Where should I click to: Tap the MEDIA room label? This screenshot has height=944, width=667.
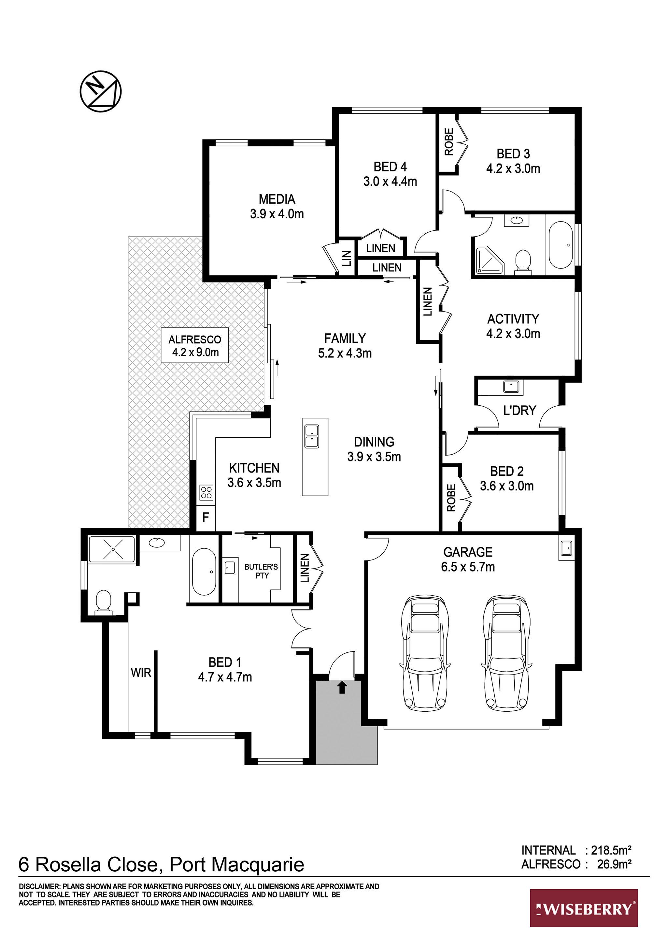(277, 199)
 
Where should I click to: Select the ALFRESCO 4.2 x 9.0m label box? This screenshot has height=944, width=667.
(194, 345)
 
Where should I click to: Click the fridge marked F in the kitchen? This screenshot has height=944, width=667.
(206, 517)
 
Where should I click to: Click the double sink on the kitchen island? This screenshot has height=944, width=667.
(311, 436)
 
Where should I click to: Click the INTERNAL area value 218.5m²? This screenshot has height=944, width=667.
(611, 850)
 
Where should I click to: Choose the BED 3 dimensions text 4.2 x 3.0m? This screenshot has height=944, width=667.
(513, 168)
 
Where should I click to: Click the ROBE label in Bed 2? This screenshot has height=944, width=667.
(451, 498)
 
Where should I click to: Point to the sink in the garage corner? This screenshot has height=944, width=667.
(566, 548)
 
